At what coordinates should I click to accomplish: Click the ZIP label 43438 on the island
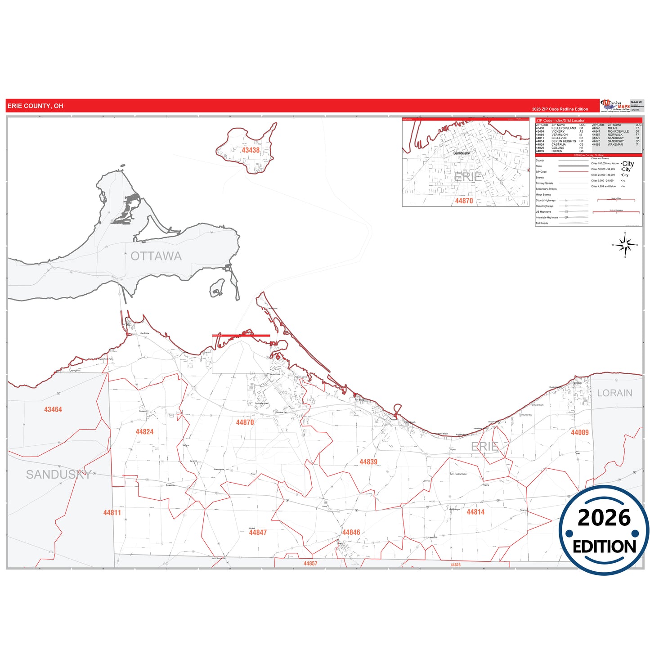pyautogui.click(x=251, y=150)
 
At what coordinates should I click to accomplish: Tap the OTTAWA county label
pyautogui.click(x=156, y=256)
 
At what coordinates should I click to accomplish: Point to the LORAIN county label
pyautogui.click(x=614, y=393)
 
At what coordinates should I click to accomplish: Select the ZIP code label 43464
pyautogui.click(x=53, y=409)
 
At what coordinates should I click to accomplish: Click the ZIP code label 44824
pyautogui.click(x=144, y=432)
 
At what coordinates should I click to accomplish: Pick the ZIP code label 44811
pyautogui.click(x=112, y=512)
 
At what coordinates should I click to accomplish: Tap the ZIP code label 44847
pyautogui.click(x=258, y=533)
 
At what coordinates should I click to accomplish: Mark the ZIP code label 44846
pyautogui.click(x=351, y=533)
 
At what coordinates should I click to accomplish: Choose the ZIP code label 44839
pyautogui.click(x=368, y=462)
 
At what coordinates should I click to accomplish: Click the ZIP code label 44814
pyautogui.click(x=475, y=512)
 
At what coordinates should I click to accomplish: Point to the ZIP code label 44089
pyautogui.click(x=579, y=432)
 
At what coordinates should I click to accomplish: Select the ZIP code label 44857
pyautogui.click(x=310, y=563)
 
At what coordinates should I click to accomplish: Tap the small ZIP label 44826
pyautogui.click(x=456, y=565)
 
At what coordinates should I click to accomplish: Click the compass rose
pyautogui.click(x=625, y=245)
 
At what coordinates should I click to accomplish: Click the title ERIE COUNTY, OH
pyautogui.click(x=36, y=106)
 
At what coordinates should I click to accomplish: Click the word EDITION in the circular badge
pyautogui.click(x=604, y=547)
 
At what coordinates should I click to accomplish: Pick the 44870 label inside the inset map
pyautogui.click(x=464, y=201)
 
